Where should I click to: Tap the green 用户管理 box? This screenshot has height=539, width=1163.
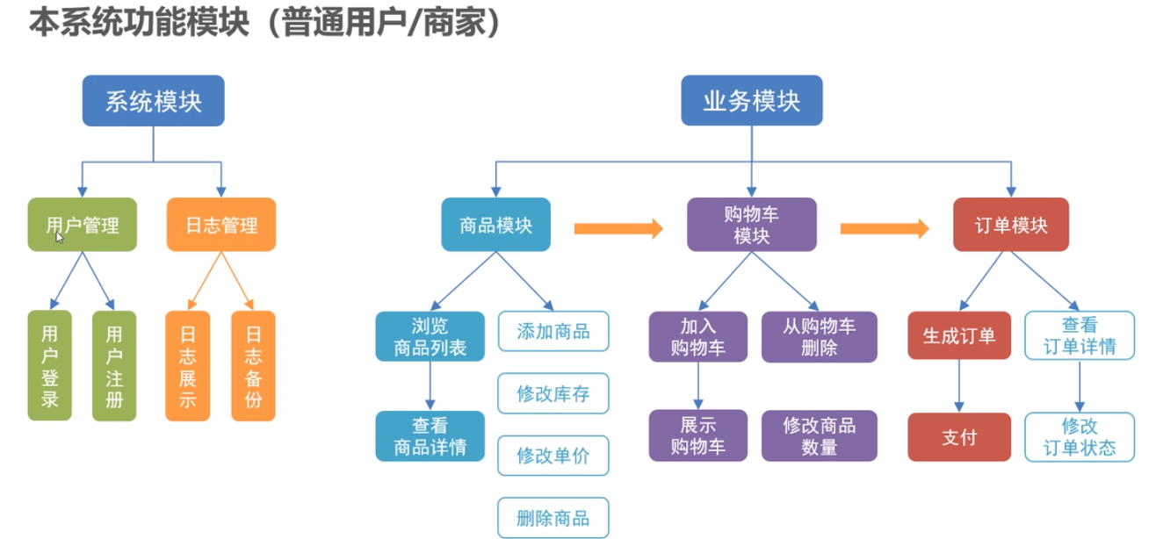coord(82,225)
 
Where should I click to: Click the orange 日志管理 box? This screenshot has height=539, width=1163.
coord(221,225)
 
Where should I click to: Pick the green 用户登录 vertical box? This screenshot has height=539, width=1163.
coord(50,366)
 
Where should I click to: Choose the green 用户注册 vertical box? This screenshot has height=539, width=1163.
coord(114,366)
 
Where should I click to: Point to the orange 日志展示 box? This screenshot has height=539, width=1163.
coord(188,366)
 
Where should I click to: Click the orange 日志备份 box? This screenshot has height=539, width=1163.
coord(253,366)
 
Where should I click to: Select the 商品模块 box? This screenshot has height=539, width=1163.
coord(496,225)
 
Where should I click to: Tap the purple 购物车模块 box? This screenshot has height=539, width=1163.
coord(752,225)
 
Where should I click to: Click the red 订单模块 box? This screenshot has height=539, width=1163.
coord(1012,225)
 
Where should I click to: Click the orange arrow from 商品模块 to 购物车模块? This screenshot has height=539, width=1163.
coord(618,228)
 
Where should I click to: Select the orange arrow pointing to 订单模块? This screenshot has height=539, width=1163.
coord(885,228)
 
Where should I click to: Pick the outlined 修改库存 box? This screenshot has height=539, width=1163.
coord(553,393)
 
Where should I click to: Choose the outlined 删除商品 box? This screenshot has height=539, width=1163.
coord(553,516)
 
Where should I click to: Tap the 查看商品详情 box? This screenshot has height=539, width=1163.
coord(430,436)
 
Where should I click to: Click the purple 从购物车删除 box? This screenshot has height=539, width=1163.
coord(819,337)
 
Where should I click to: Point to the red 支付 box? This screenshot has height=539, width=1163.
coord(959,436)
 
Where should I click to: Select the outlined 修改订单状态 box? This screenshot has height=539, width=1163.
coord(1080,436)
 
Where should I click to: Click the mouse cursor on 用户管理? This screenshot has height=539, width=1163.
coord(60,237)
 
